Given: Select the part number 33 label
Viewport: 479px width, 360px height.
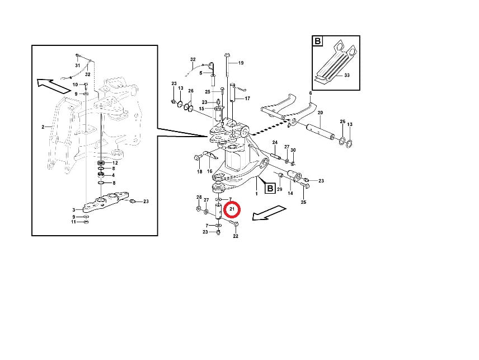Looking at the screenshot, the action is coord(346,75).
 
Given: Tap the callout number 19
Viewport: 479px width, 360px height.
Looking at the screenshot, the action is coord(241,63).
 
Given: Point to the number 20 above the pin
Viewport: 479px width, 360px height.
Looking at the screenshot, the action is coord(320,113).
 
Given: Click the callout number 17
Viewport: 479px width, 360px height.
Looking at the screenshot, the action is coord(247,99).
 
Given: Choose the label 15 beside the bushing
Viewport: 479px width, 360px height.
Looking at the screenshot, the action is coord(201,109).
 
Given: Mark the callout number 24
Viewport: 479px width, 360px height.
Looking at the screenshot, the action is coord(275,142).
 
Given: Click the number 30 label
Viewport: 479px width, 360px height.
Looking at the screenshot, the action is coord(293,150).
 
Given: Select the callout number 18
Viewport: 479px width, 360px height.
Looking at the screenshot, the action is coord(199,172).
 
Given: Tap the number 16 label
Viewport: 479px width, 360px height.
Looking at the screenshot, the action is coord(209,171).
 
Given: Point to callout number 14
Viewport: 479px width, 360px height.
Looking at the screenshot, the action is coord(290,193).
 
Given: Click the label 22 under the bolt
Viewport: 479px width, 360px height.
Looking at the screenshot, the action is coord(236,236).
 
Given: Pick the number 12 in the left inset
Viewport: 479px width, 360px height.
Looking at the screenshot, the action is coord(115,163).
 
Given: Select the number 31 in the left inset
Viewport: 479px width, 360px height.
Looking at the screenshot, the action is coord(78,66).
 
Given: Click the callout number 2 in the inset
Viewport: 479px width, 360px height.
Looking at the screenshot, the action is coord(43,127).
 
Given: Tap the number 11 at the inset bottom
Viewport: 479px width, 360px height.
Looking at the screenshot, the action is coord(74,222).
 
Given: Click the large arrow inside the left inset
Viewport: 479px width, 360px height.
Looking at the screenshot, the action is coord(54,86).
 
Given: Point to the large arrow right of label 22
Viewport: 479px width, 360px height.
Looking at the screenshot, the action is coord(269,212).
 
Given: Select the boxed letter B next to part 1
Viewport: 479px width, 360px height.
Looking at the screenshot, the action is coord(270,188).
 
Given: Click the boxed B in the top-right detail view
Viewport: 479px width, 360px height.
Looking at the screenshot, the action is coord(318,41).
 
